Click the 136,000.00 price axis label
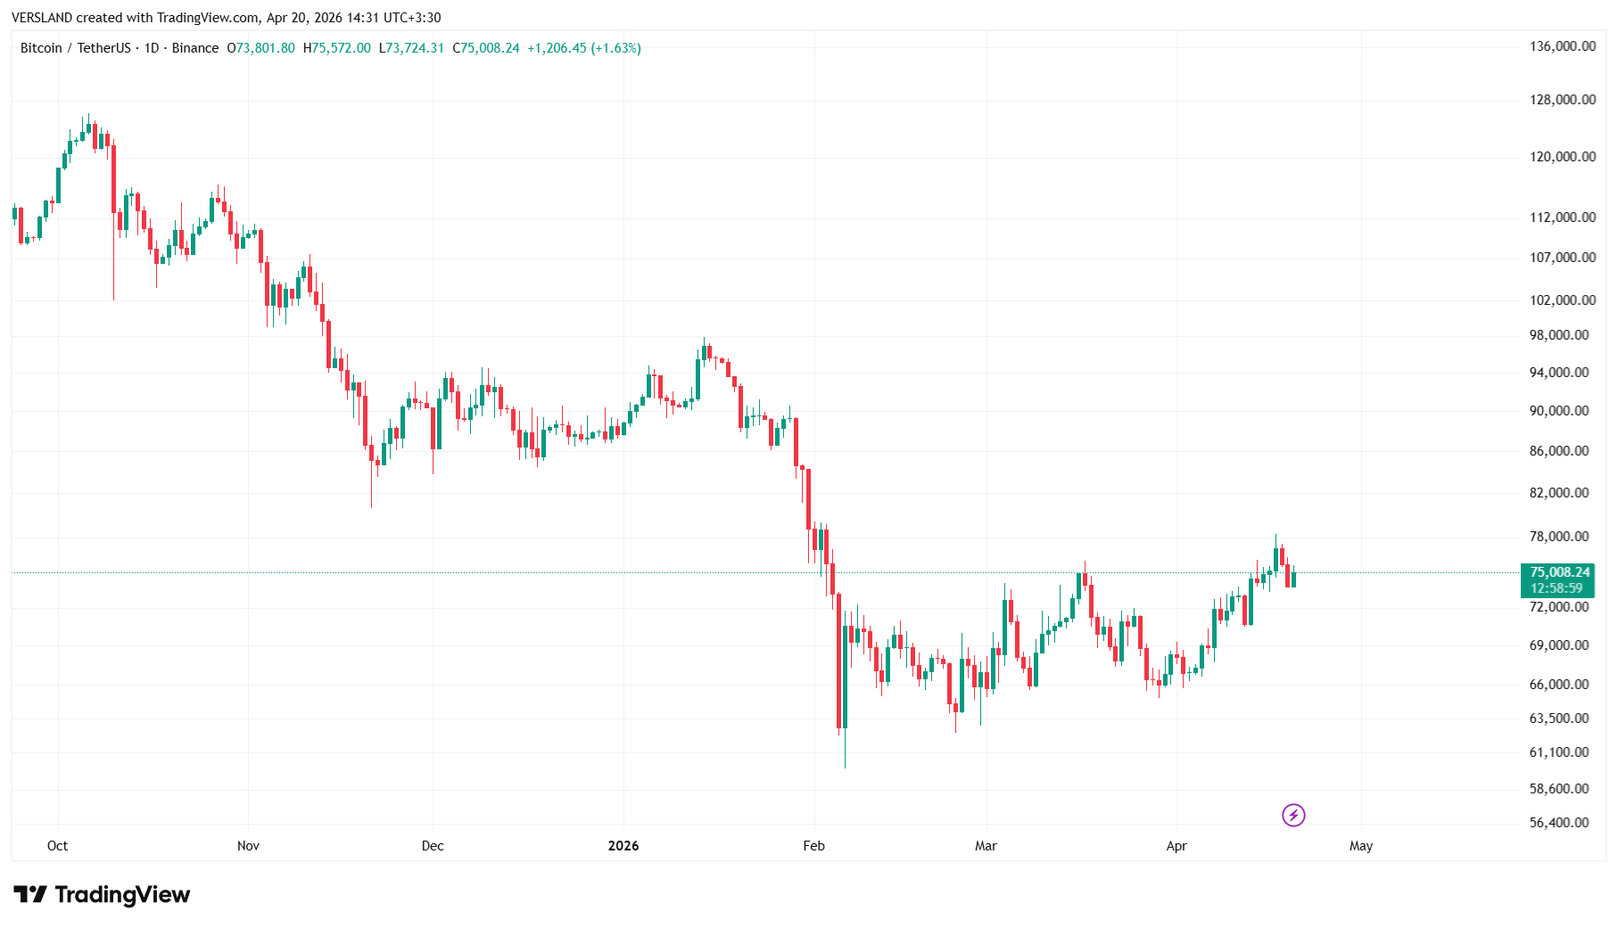[x=1562, y=46]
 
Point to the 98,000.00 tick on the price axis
[x=1558, y=335]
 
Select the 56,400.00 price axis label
[x=1558, y=823]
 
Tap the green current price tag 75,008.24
[x=1559, y=572]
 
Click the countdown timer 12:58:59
[x=1556, y=588]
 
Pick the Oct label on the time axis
[x=57, y=846]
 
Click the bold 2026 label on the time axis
[x=623, y=846]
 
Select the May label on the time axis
[x=1360, y=846]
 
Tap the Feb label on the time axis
[x=813, y=846]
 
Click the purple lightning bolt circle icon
[x=1293, y=815]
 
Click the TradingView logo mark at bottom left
[x=30, y=894]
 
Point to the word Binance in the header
[x=194, y=48]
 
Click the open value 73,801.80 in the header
[x=265, y=48]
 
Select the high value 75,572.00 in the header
[x=341, y=48]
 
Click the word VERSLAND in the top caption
[x=41, y=18]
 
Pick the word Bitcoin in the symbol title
[x=41, y=48]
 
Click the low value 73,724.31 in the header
[x=415, y=48]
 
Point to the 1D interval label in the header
[x=152, y=48]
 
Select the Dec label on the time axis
[x=433, y=846]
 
